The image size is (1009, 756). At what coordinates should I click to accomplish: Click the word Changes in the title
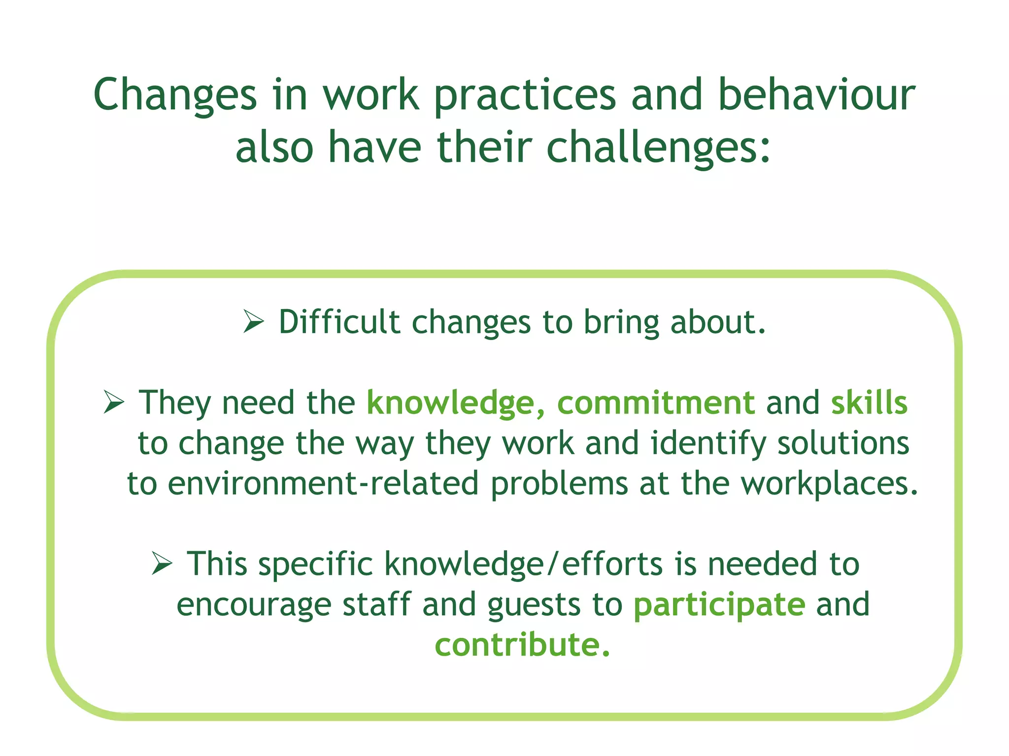[x=175, y=95]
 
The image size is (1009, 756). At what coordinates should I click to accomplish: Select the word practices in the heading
[x=525, y=95]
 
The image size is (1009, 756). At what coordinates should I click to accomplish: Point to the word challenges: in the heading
[x=658, y=147]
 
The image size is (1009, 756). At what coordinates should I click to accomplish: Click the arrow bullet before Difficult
[x=254, y=322]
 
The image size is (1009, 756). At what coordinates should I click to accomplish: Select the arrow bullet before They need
[x=114, y=402]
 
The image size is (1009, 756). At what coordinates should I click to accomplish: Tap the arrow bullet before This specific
[x=162, y=564]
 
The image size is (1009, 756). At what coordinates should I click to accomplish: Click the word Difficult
[x=339, y=322]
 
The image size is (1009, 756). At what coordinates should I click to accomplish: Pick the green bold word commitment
[x=656, y=403]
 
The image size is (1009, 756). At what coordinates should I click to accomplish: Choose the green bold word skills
[x=869, y=403]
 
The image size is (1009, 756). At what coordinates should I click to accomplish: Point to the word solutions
[x=843, y=443]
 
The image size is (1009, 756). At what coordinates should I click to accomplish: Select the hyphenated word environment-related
[x=323, y=483]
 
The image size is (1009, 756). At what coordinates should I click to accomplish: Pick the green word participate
[x=719, y=605]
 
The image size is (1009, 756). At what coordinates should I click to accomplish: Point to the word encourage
[x=254, y=605]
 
